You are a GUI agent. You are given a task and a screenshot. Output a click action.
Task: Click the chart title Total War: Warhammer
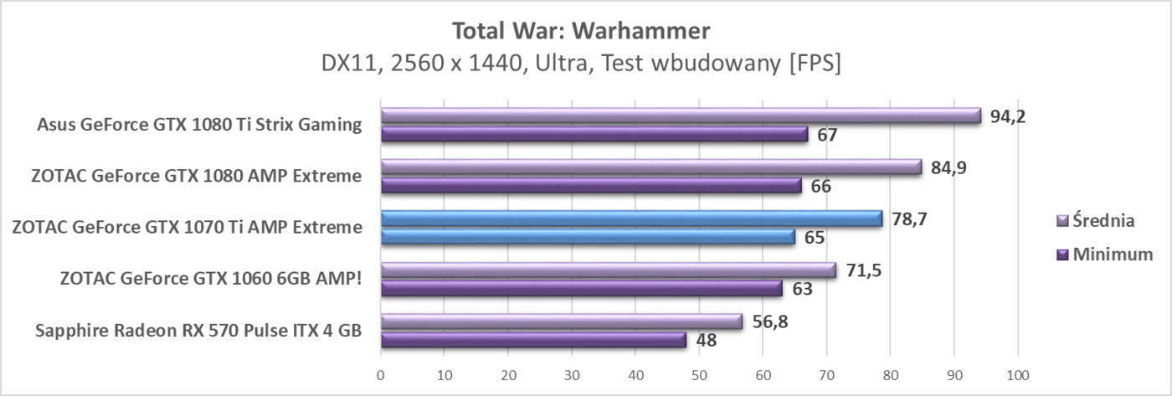(x=581, y=31)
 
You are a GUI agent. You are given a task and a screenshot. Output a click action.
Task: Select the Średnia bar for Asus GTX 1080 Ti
(x=680, y=116)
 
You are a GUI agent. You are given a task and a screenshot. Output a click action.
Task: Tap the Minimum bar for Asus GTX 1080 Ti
(x=594, y=134)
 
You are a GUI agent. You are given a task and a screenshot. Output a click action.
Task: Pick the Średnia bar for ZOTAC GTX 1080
(x=650, y=167)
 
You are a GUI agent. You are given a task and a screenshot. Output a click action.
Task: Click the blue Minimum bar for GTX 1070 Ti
(x=588, y=237)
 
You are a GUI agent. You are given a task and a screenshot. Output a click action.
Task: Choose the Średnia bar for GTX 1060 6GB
(x=608, y=270)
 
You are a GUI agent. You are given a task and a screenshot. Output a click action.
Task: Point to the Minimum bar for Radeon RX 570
(x=533, y=340)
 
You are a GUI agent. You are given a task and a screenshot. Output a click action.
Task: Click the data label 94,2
(x=1007, y=116)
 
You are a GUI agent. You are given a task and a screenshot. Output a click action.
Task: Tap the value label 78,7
(x=908, y=219)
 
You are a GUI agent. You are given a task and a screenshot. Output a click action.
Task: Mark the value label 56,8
(x=768, y=321)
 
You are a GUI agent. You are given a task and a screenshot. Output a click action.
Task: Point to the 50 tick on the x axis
(x=699, y=375)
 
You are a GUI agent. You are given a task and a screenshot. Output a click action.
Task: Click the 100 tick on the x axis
(x=1017, y=375)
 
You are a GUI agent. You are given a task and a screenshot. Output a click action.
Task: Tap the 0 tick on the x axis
(x=381, y=375)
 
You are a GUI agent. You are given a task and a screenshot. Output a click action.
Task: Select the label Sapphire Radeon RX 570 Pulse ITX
(x=198, y=331)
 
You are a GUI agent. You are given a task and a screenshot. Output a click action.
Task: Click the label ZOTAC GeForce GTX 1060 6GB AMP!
(x=211, y=279)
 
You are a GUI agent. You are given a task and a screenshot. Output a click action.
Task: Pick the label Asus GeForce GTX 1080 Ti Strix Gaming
(x=199, y=125)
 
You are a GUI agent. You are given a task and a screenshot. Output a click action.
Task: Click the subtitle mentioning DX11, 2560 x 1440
(x=581, y=64)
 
